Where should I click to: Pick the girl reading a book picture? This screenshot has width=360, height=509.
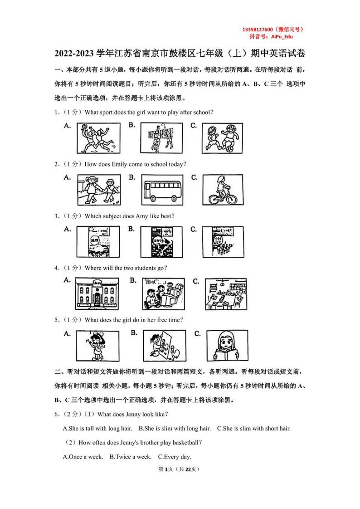[227, 346]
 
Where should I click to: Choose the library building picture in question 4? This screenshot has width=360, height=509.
[97, 294]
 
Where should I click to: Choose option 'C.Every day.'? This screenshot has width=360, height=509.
[175, 457]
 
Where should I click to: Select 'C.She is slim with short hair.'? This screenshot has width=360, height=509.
[254, 428]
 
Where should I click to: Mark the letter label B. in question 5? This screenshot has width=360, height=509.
[134, 333]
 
